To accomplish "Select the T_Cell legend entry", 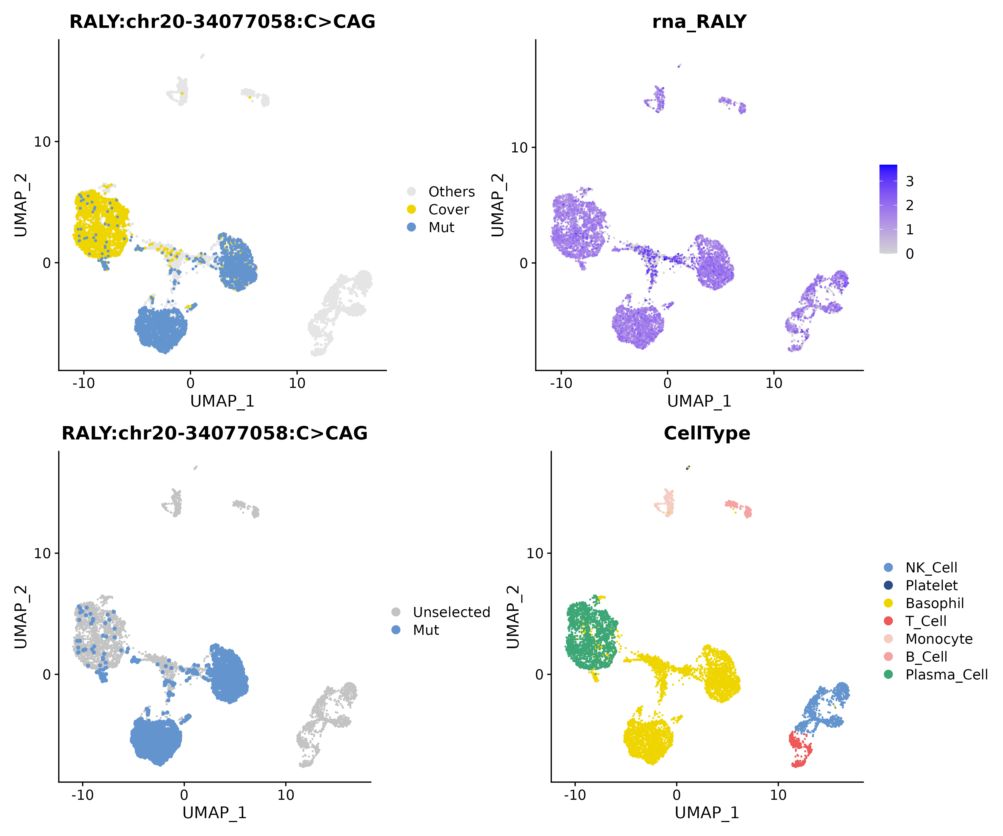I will pyautogui.click(x=926, y=621).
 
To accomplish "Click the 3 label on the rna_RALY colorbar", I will pyautogui.click(x=909, y=181).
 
